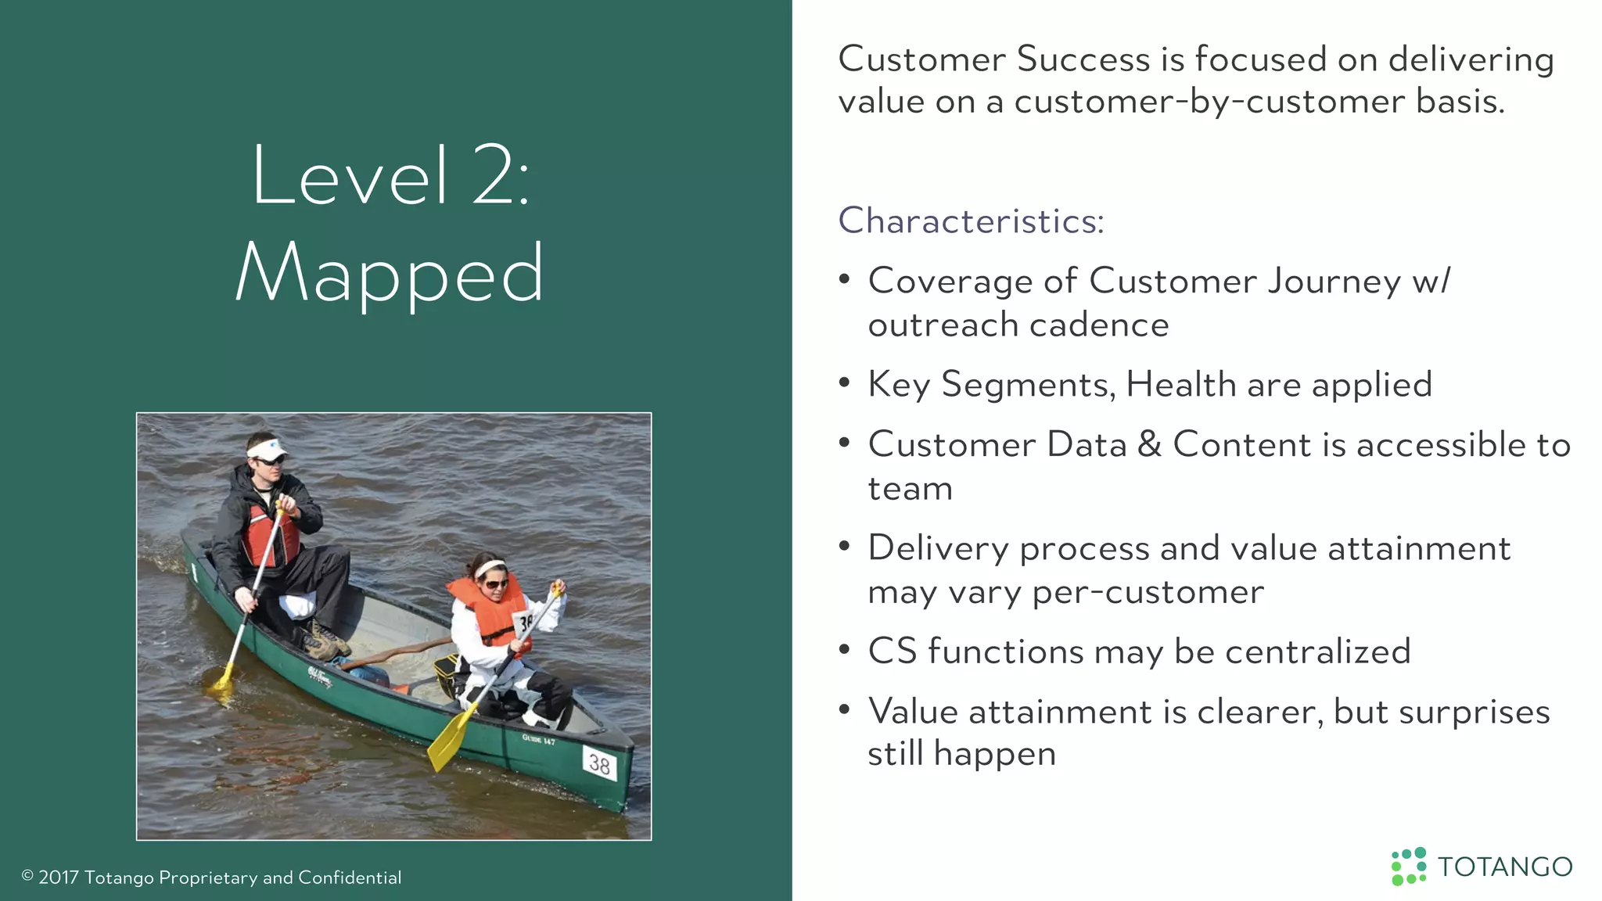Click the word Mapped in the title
pyautogui.click(x=390, y=274)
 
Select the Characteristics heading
pyautogui.click(x=971, y=221)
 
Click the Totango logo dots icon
pyautogui.click(x=1408, y=867)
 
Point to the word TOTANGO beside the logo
pyautogui.click(x=1505, y=867)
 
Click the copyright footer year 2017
pyautogui.click(x=59, y=878)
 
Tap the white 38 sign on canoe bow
pyautogui.click(x=599, y=763)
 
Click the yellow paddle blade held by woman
pyautogui.click(x=451, y=738)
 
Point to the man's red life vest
pyautogui.click(x=270, y=536)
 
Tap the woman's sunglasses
pyautogui.click(x=496, y=583)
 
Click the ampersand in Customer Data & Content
pyautogui.click(x=1149, y=444)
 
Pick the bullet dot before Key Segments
pyautogui.click(x=844, y=383)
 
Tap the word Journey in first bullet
pyautogui.click(x=1334, y=281)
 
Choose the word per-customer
pyautogui.click(x=1148, y=592)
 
